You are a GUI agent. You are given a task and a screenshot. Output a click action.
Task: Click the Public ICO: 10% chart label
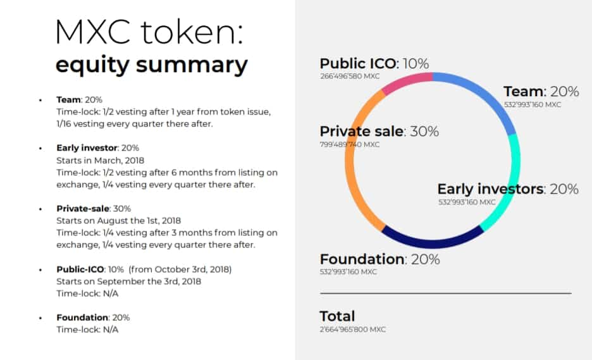(374, 63)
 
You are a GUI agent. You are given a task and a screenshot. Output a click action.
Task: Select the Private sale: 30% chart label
(379, 132)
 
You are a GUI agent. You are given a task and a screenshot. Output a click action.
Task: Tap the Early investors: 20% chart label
(508, 189)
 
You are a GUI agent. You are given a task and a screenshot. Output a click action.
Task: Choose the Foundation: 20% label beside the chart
(380, 259)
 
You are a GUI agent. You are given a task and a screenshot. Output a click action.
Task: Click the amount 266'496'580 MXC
(350, 77)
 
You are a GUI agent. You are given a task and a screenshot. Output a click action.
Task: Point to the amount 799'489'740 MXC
(350, 144)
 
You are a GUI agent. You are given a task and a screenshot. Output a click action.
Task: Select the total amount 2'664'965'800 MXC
(353, 330)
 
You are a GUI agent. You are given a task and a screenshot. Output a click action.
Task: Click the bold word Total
(337, 316)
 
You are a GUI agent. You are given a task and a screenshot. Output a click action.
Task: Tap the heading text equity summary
(151, 65)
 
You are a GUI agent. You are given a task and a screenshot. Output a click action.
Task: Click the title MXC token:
(149, 32)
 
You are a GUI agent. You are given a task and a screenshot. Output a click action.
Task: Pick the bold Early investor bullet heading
(87, 147)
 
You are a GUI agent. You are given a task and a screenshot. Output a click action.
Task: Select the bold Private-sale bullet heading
(83, 209)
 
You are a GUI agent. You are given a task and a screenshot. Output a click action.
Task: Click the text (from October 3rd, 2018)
(180, 270)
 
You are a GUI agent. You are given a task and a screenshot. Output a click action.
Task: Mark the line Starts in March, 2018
(100, 160)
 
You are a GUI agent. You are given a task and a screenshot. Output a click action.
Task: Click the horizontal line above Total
(445, 293)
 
